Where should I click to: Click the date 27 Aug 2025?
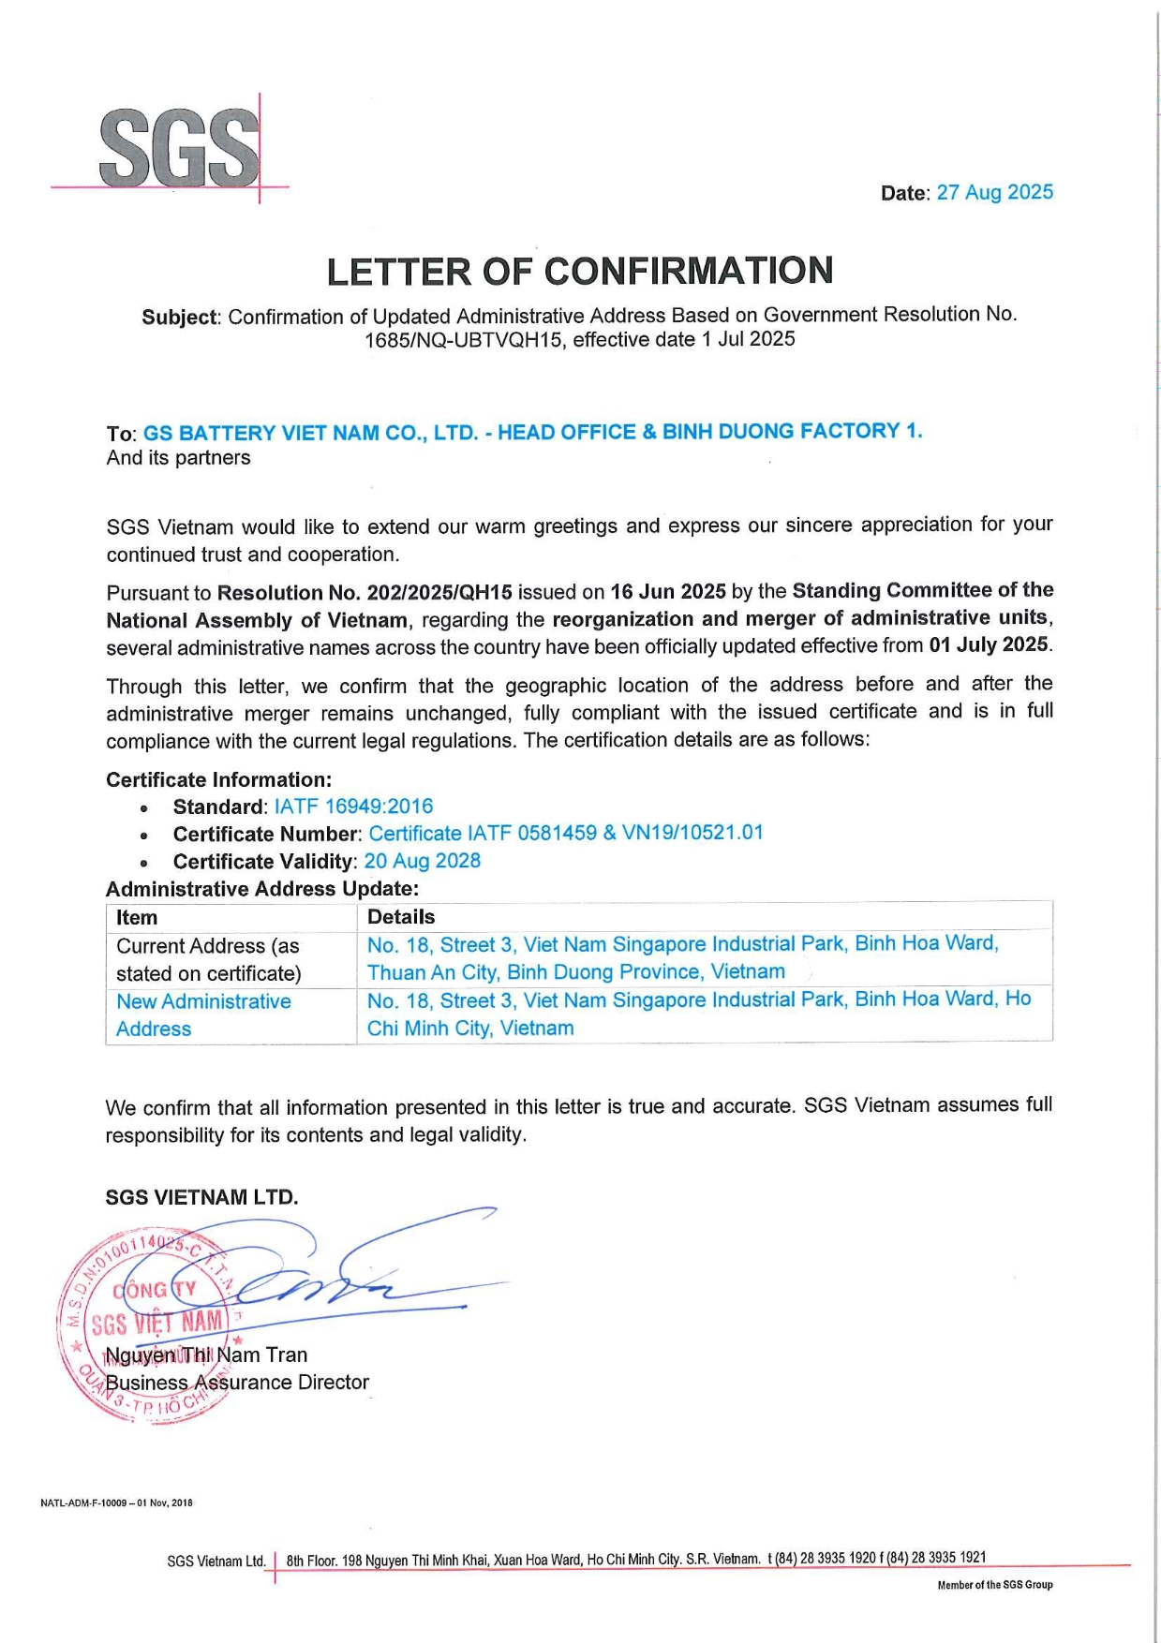click(x=994, y=192)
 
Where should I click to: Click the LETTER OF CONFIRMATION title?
click(x=579, y=271)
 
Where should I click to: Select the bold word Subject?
click(x=179, y=317)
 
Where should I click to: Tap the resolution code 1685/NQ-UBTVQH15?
click(x=465, y=340)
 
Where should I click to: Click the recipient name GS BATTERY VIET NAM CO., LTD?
click(x=310, y=433)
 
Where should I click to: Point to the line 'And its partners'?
click(x=178, y=458)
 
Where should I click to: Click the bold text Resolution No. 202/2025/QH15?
click(x=365, y=592)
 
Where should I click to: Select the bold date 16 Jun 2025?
click(x=667, y=591)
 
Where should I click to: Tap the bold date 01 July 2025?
click(x=988, y=644)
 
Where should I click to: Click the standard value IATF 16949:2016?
click(x=353, y=807)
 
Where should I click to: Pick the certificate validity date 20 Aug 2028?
click(x=422, y=861)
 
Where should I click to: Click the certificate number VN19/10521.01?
click(x=692, y=833)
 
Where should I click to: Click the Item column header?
click(x=137, y=918)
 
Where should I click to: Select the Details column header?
click(x=401, y=917)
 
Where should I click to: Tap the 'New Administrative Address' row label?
click(x=203, y=1014)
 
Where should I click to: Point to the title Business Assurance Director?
click(x=237, y=1383)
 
